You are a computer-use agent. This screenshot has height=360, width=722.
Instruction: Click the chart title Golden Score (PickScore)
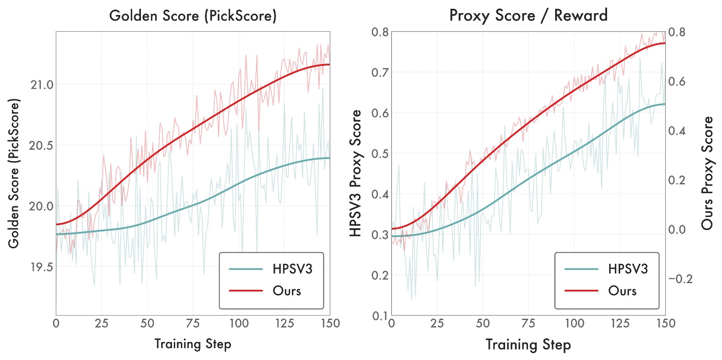click(x=193, y=16)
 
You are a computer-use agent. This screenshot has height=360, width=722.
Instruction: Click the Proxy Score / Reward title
click(x=528, y=16)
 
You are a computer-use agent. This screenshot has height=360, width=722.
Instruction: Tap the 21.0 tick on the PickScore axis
click(x=42, y=85)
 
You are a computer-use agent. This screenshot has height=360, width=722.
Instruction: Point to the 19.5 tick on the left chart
click(x=42, y=267)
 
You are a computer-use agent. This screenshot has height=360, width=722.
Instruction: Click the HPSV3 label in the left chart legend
click(x=292, y=269)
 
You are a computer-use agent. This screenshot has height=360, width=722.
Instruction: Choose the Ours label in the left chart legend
click(x=287, y=291)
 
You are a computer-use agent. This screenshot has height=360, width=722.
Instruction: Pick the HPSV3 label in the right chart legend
click(x=628, y=269)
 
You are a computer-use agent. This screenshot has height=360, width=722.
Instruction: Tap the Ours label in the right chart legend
click(x=622, y=291)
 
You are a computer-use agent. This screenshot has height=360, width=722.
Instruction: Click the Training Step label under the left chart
click(x=193, y=344)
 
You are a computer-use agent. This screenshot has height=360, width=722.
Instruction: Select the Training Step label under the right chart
click(x=528, y=345)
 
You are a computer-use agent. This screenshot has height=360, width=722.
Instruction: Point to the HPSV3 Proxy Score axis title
click(x=356, y=173)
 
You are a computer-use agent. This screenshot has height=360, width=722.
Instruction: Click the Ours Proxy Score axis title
click(x=707, y=173)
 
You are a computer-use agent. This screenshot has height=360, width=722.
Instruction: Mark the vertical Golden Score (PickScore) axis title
click(x=14, y=173)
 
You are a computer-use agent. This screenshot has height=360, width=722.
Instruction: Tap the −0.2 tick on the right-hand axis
click(x=680, y=279)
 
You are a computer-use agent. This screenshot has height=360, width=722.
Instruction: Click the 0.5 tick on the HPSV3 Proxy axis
click(x=380, y=154)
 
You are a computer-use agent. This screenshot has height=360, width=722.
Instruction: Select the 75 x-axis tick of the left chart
click(x=193, y=324)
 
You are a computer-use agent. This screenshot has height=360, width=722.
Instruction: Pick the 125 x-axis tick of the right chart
click(x=620, y=324)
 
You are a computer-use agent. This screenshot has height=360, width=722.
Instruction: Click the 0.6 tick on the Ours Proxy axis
click(x=676, y=82)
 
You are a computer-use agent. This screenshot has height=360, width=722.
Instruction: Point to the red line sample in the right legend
click(x=581, y=291)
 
